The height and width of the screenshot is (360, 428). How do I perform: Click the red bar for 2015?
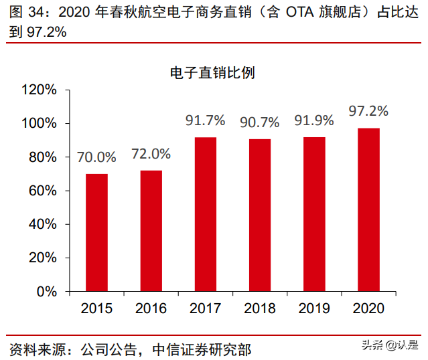96,232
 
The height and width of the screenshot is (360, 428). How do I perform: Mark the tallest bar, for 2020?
369,209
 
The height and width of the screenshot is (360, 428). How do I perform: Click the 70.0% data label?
96,158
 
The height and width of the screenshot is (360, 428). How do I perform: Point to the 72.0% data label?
151,154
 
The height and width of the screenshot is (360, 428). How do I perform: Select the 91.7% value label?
206,120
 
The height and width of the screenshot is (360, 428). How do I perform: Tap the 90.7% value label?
260,122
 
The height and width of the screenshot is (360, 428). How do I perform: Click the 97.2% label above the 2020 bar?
369,110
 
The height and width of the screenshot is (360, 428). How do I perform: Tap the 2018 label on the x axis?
260,308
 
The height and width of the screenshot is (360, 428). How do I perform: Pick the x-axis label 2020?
369,308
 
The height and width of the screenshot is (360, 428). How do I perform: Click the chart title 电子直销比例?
212,73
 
